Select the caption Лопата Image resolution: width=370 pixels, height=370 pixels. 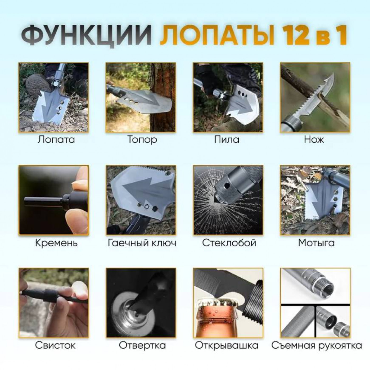click(56, 139)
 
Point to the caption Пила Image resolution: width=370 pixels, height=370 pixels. click(227, 139)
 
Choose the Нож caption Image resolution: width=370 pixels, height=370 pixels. click(314, 139)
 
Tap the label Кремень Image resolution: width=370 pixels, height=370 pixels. click(56, 243)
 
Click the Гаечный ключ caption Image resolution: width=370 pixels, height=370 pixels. click(142, 243)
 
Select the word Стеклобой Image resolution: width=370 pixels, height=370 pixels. click(229, 243)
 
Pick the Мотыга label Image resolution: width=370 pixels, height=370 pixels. click(316, 243)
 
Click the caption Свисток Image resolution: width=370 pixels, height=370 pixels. click(55, 345)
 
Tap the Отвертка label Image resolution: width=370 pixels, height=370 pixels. click(142, 345)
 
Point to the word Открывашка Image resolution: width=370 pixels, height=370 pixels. click(227, 346)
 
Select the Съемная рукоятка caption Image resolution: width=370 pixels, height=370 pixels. click(317, 345)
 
